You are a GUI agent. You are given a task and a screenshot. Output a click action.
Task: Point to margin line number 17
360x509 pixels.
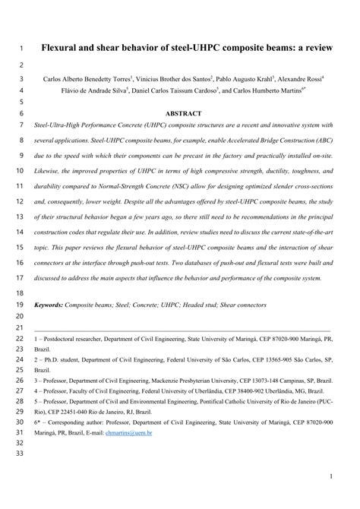[21, 278]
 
